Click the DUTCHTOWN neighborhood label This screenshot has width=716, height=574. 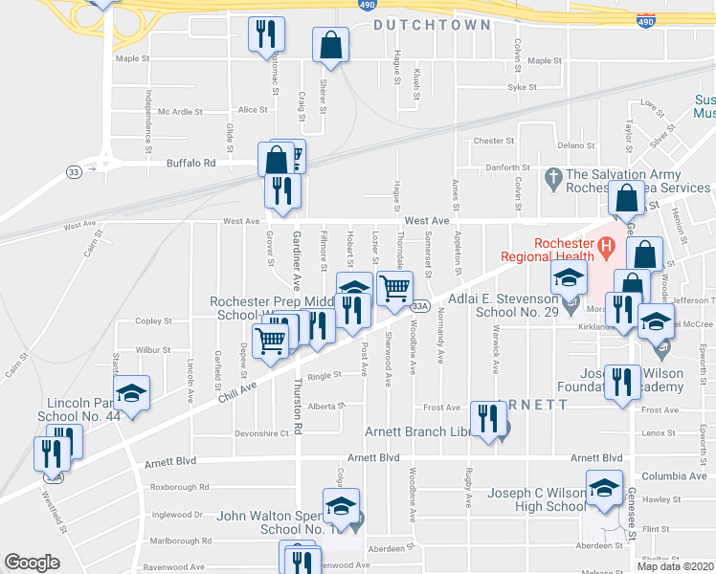coord(432,25)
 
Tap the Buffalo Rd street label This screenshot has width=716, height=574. coord(190,164)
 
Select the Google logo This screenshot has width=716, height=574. coord(32,563)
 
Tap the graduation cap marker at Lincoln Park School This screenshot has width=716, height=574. coord(132,393)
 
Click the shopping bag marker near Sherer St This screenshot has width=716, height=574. coord(330,44)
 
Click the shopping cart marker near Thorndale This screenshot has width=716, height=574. coord(394,287)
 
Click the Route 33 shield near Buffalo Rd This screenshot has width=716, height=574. coord(74,171)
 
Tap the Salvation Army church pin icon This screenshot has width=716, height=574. coord(552,178)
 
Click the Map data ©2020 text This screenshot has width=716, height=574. coord(675,566)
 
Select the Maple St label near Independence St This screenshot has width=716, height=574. coord(133,58)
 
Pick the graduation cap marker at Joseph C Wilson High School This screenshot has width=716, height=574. coord(603,489)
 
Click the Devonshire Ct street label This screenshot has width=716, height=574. coord(261,433)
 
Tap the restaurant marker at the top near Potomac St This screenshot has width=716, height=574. coord(266,34)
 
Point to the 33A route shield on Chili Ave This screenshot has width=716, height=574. coord(418,306)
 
